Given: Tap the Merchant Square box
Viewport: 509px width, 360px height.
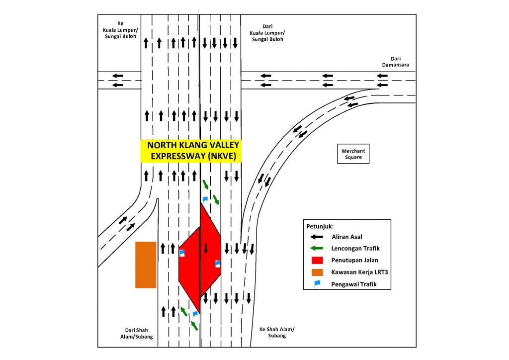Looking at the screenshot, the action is (353, 154).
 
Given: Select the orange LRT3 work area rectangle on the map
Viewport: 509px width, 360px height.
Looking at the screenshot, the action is (146, 265).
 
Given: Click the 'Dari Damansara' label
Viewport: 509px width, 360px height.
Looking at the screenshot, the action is (395, 62).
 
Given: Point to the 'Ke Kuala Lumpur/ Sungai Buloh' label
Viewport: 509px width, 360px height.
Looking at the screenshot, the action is (120, 30).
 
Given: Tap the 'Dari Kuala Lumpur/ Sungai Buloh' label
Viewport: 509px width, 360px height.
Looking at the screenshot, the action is (267, 33).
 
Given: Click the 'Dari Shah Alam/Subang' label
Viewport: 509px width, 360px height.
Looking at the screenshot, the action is (136, 333).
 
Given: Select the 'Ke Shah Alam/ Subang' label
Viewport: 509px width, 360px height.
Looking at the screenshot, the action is (277, 333).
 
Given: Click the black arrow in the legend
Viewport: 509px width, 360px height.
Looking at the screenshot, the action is (317, 237).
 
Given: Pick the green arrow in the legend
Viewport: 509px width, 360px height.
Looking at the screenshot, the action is (317, 248).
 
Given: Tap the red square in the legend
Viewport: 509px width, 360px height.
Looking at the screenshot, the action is (317, 261).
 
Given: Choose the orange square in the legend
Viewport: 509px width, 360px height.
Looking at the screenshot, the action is (317, 272).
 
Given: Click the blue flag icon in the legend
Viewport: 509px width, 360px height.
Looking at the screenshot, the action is (317, 284).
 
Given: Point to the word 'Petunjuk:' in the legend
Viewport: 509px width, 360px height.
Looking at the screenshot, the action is (320, 226).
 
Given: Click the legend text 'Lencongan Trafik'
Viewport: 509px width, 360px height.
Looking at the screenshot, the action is (355, 248).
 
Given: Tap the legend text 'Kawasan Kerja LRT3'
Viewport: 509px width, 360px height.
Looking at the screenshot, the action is (359, 272).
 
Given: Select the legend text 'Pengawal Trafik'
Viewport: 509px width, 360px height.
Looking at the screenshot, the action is (354, 284).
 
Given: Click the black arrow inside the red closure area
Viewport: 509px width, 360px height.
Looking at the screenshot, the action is (205, 249).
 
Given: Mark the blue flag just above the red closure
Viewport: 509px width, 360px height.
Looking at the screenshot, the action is (205, 199).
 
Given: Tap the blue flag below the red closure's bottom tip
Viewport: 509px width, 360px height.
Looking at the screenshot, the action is (195, 314).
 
